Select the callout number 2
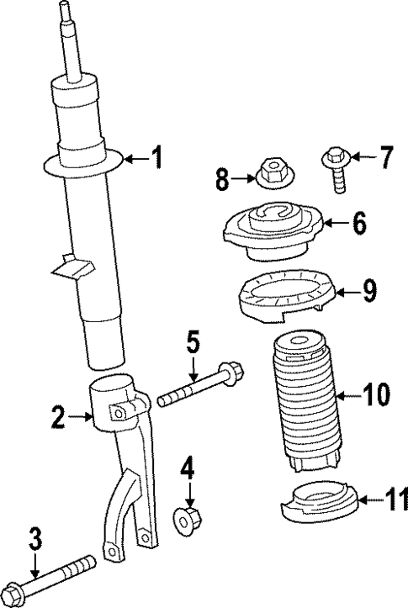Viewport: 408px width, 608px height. coord(58,415)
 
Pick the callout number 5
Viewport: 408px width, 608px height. coord(193,343)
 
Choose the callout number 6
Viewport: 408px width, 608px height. coord(358,224)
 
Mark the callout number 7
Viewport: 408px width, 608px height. coord(386,156)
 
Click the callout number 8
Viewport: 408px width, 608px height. coord(222,177)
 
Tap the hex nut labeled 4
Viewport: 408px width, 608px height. coord(188,521)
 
